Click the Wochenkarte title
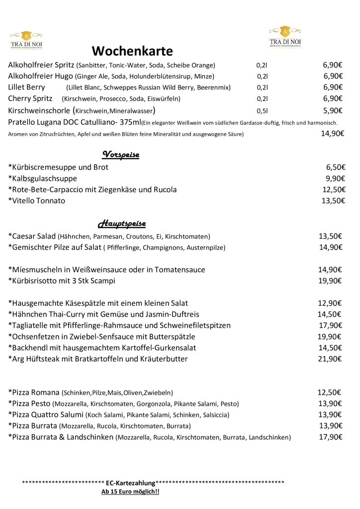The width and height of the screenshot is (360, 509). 132,51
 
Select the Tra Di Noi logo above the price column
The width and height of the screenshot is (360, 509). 285,37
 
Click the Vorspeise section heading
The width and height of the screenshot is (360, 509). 120,155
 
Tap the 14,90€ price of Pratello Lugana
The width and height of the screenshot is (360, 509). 332,133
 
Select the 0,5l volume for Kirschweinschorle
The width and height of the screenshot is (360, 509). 262,111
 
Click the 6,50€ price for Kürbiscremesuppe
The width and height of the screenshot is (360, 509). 336,168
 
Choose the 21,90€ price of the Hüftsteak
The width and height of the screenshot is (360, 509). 330,359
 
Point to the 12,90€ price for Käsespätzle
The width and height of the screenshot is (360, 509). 330,303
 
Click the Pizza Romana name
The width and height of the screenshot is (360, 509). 35,392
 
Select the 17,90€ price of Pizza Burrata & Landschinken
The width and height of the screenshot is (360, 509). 331,437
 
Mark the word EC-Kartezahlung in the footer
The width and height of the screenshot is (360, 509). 130,483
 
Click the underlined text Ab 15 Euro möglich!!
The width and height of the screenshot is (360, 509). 130,492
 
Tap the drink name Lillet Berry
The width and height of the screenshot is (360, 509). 26,87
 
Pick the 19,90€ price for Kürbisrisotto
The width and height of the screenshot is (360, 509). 330,281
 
